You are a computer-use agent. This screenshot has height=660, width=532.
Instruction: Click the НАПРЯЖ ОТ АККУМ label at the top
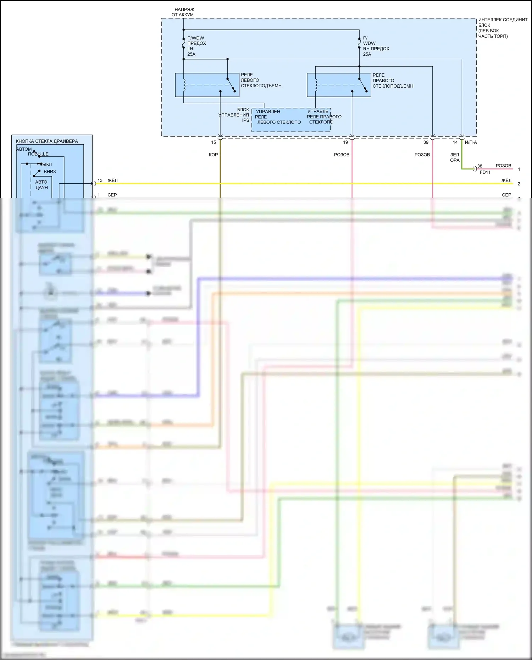(x=183, y=12)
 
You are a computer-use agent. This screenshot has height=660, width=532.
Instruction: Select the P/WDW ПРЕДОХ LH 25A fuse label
(x=196, y=46)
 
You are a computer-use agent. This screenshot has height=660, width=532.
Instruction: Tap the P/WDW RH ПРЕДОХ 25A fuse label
(x=375, y=46)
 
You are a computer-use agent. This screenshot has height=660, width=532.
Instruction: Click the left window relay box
(x=207, y=85)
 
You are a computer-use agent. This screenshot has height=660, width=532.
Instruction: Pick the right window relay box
(x=339, y=85)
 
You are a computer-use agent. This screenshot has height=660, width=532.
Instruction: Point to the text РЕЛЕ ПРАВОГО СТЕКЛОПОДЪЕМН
(x=393, y=81)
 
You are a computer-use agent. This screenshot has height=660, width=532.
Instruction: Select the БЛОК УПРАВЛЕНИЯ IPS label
(x=234, y=115)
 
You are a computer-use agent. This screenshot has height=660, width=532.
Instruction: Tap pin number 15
(x=214, y=143)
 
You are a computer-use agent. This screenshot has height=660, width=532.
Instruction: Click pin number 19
(x=345, y=143)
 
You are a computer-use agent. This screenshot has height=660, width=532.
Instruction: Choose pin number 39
(x=426, y=143)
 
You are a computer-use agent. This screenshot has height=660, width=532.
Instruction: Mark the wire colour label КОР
(x=214, y=155)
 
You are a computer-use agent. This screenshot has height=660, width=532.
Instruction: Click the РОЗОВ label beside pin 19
(x=342, y=155)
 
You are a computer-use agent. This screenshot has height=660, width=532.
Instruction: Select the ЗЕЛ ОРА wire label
(x=455, y=157)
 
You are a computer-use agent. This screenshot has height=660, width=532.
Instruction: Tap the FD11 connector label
(x=485, y=172)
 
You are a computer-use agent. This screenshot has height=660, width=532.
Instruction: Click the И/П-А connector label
(x=471, y=143)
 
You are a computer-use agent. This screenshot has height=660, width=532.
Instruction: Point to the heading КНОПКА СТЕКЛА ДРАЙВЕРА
(x=47, y=141)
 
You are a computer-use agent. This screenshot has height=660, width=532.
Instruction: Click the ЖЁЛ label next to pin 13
(x=112, y=181)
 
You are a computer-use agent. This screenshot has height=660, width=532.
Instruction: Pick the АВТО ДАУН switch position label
(x=41, y=185)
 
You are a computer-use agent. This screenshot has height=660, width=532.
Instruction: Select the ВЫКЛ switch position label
(x=46, y=165)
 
